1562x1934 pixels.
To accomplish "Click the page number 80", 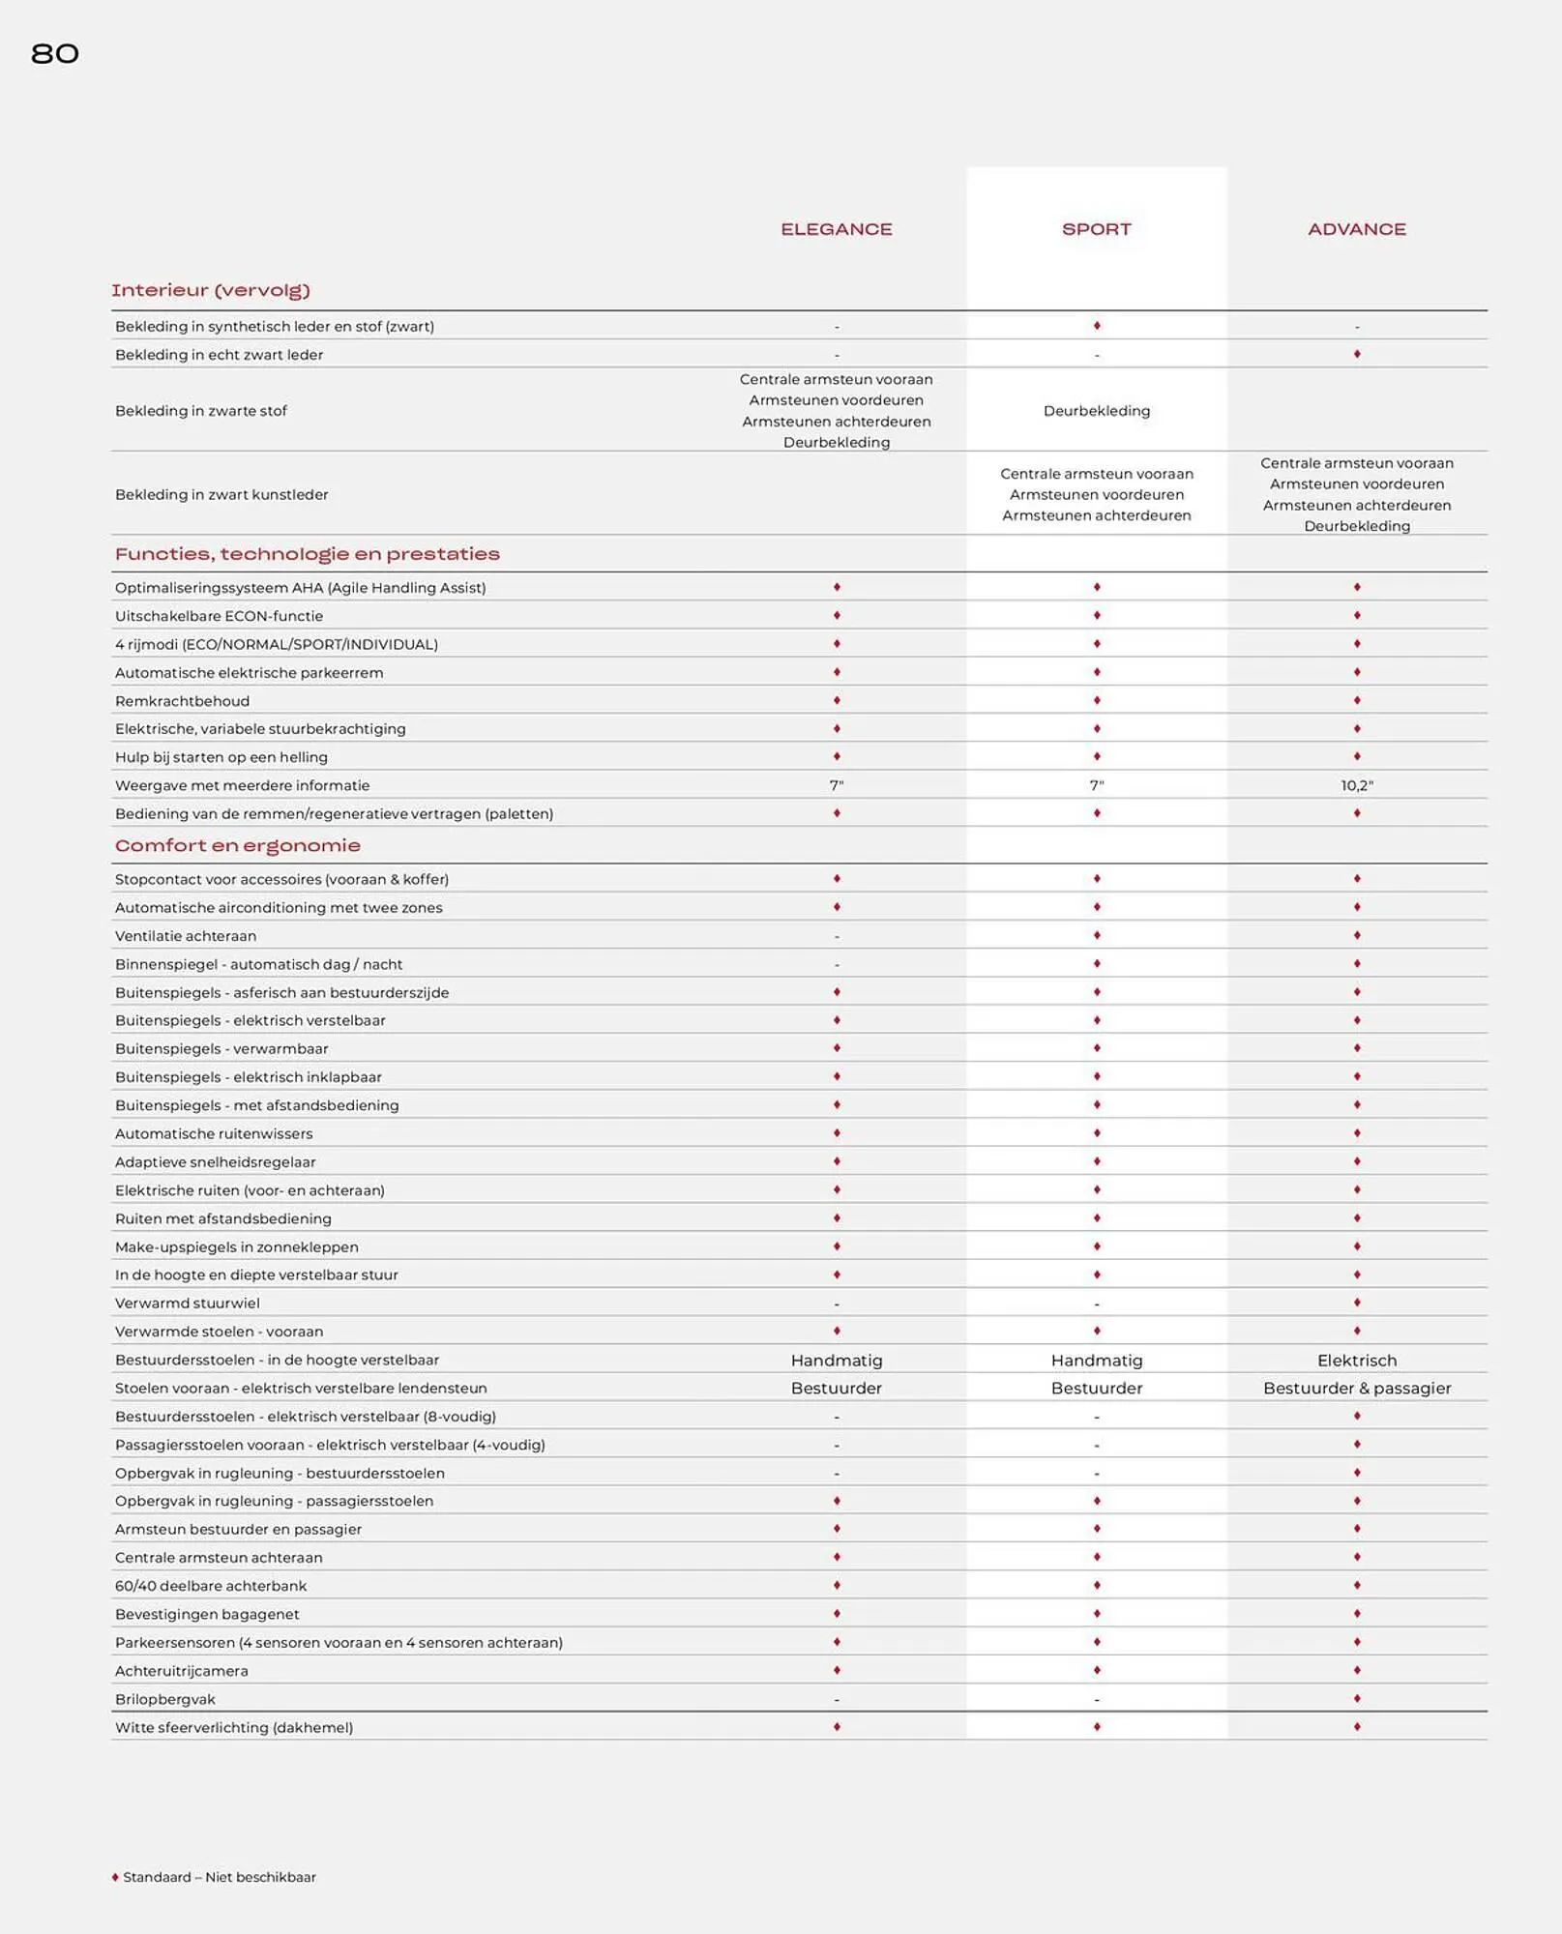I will coord(55,54).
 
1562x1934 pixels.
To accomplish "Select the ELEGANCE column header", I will coord(836,229).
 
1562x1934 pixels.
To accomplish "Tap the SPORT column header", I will coord(1096,229).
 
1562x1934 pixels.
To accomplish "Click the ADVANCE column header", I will coord(1356,229).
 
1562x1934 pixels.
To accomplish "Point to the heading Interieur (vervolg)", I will coord(210,290).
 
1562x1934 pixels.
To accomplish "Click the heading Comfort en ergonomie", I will coord(237,845).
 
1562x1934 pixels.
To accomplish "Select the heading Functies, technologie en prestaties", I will coord(307,554).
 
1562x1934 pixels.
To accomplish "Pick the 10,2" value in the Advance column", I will coord(1356,785).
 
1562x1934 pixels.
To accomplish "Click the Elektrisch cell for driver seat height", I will coord(1356,1360).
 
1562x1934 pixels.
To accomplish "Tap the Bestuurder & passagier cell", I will coord(1356,1388).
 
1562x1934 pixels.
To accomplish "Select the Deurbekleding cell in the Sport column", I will coord(1096,411).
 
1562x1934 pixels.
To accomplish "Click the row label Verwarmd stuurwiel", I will coord(187,1303).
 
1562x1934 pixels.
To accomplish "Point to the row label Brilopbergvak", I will coord(164,1699).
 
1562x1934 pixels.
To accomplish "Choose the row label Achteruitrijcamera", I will coord(181,1671).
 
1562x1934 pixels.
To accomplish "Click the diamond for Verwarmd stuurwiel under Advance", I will coord(1356,1303).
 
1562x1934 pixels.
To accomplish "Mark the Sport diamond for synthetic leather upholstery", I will coord(1096,326).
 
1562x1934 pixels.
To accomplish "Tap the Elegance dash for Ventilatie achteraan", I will coord(836,936).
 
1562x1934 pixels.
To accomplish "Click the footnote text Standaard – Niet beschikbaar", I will coord(219,1877).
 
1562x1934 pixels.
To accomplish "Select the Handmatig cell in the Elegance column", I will coord(836,1360).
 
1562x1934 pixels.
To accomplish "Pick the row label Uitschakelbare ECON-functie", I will coord(219,616).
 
